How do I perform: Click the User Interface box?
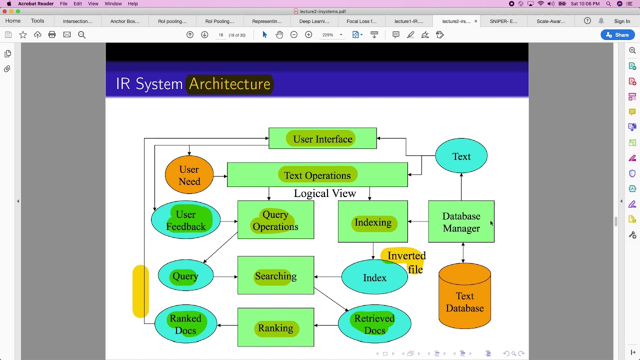322,138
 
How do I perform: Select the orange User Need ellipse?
189,175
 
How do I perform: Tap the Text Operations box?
317,175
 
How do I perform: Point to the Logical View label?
324,193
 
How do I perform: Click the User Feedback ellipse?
185,220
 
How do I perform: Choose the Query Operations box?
275,220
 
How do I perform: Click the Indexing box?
373,222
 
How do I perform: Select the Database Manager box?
461,222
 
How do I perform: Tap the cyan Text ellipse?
461,156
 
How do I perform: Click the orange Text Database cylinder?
464,299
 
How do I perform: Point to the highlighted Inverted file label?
406,261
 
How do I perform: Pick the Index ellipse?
374,278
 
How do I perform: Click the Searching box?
275,276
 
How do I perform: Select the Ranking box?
275,328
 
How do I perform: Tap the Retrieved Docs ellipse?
374,324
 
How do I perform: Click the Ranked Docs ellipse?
185,324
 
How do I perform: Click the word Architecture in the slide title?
229,84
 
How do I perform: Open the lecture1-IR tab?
408,21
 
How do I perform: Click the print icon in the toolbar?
52,34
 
